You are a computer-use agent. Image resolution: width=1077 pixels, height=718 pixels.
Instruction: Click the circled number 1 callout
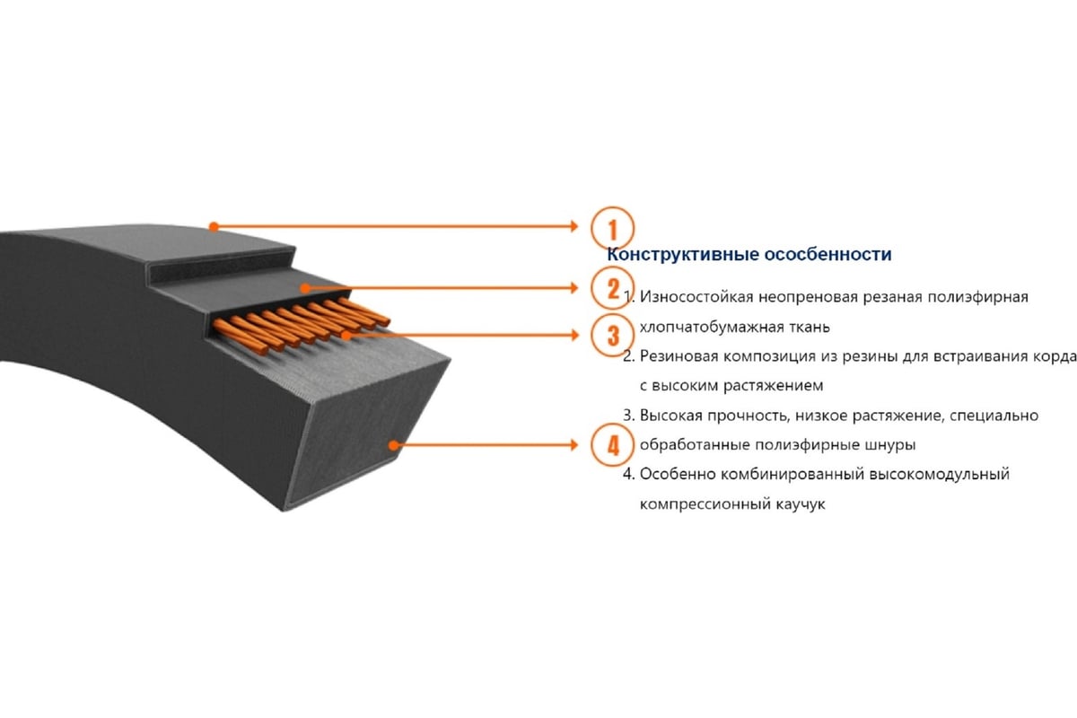[x=613, y=227]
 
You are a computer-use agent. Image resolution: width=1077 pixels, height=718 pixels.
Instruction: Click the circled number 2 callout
[x=613, y=288]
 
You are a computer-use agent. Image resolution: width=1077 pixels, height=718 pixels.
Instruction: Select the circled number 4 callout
[x=613, y=444]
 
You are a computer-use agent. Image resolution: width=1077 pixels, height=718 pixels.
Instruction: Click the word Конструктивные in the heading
[x=682, y=255]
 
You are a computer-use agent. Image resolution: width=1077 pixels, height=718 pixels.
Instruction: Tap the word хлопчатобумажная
[x=710, y=326]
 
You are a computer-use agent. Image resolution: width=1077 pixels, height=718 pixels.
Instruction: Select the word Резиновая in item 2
[x=677, y=356]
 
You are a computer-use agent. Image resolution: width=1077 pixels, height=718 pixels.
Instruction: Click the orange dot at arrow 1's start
[x=213, y=225]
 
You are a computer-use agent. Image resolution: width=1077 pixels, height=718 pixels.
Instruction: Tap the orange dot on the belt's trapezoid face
[x=392, y=444]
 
